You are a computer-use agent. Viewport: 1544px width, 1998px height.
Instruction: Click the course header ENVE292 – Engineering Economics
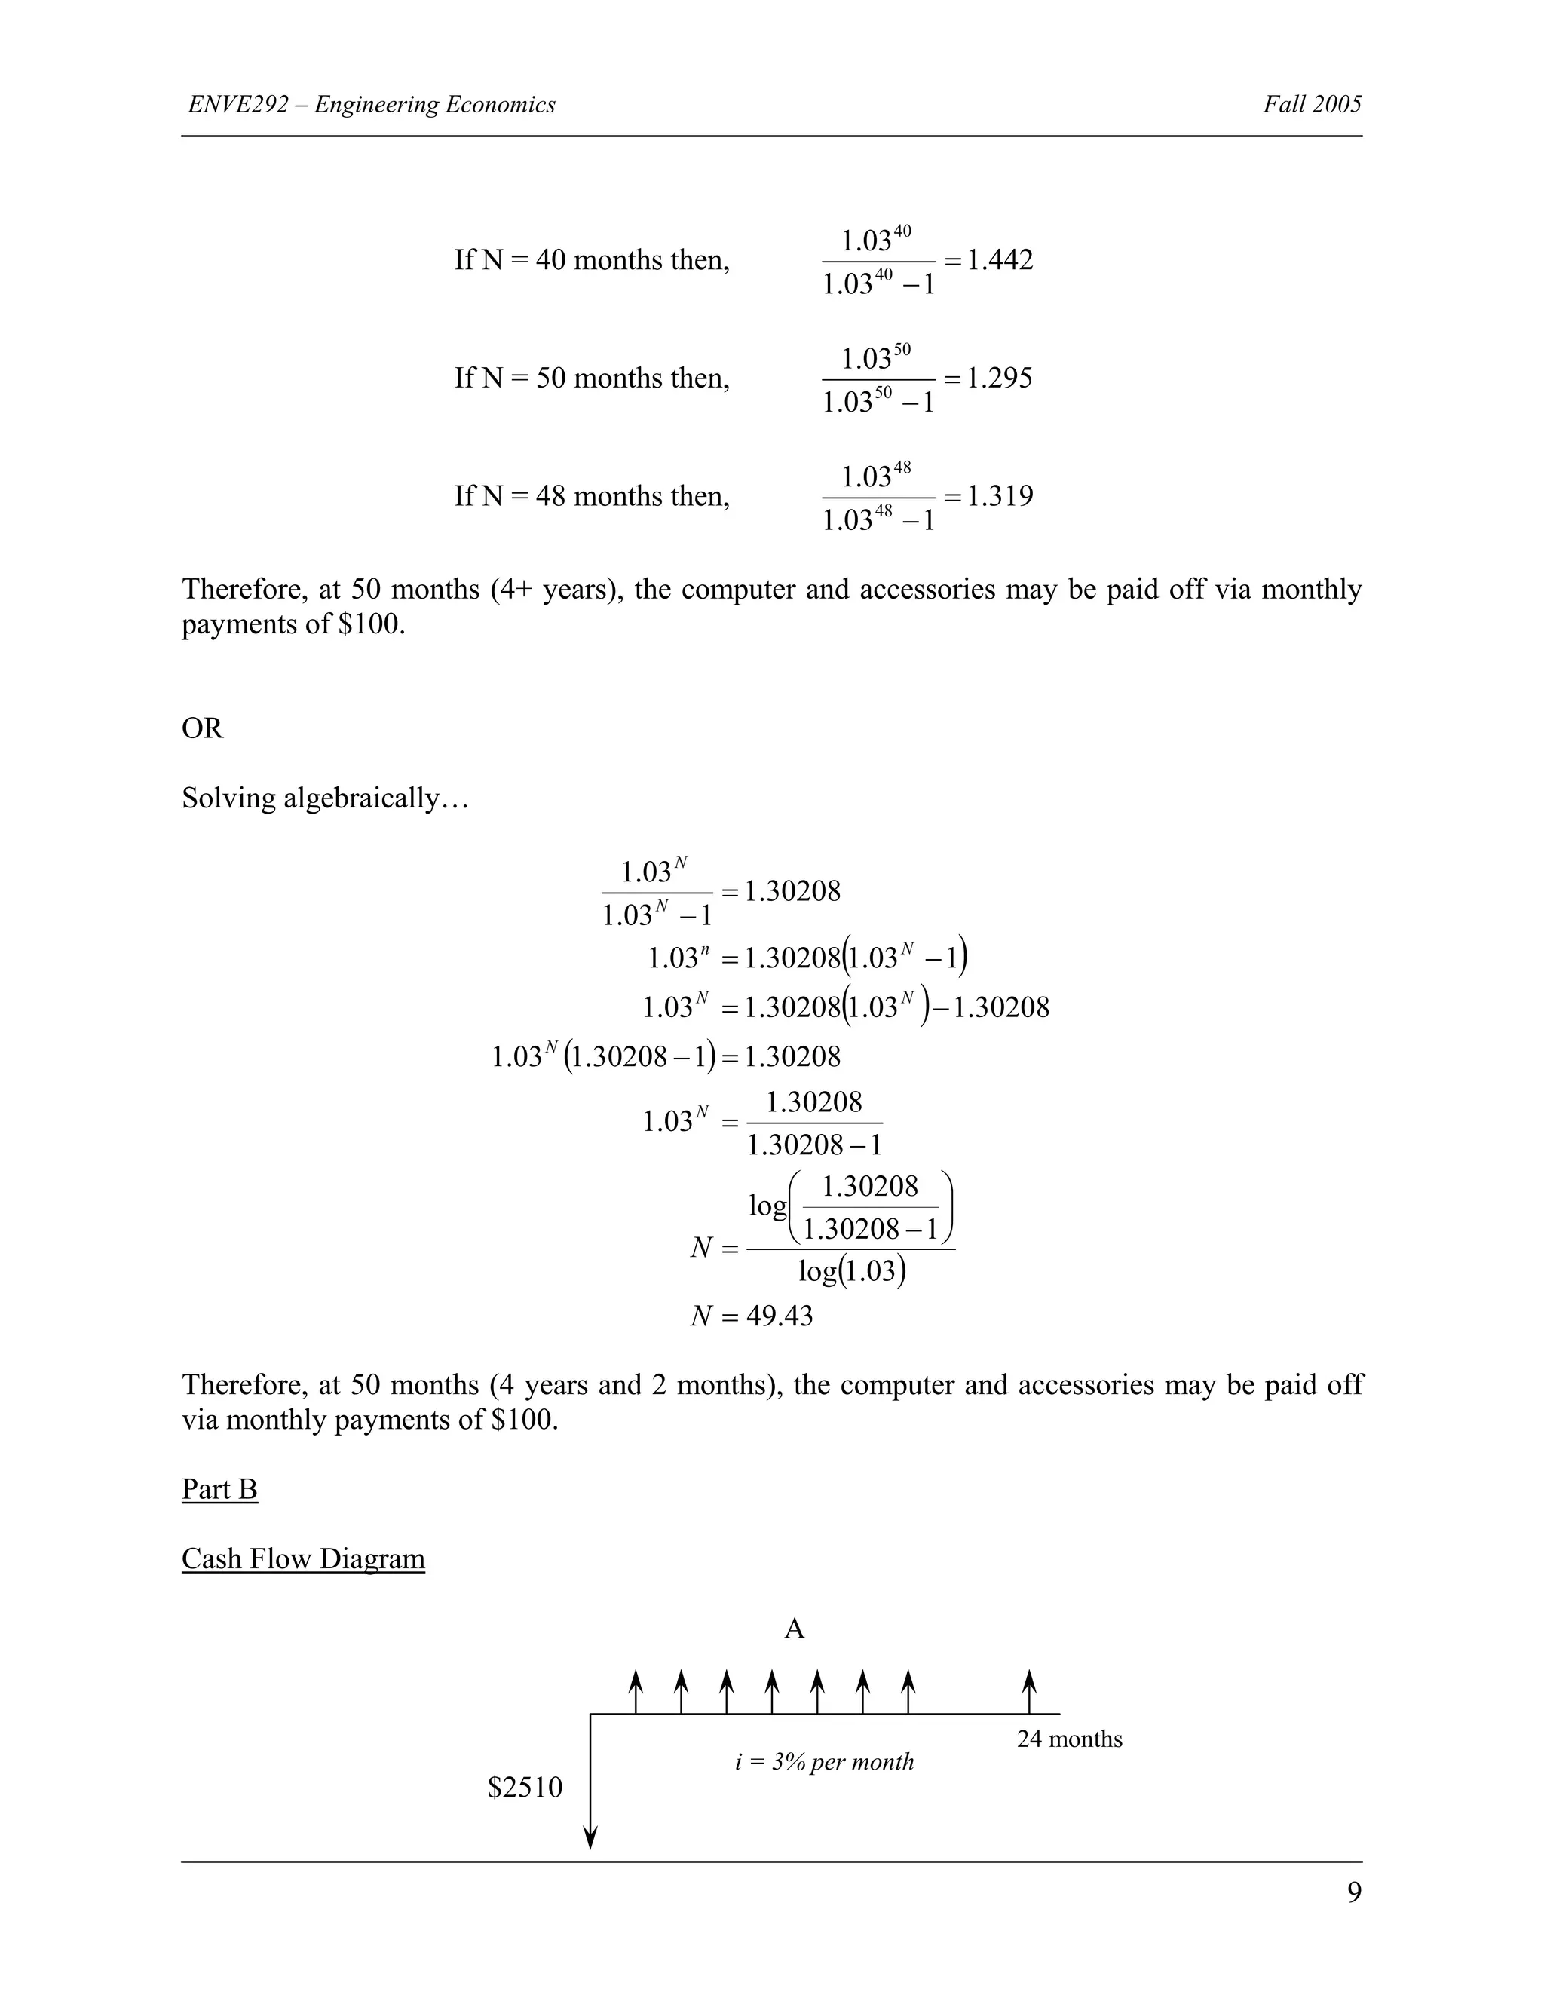372,104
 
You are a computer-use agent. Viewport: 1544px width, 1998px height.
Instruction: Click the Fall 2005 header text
1312,104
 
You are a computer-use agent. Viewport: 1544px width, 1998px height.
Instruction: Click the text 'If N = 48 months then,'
592,497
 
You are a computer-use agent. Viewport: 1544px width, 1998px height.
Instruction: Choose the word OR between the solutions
202,729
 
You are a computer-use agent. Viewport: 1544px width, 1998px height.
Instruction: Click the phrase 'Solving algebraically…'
325,798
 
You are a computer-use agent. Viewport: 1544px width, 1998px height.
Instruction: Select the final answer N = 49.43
751,1316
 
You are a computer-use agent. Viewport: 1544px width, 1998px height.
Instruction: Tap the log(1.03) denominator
852,1272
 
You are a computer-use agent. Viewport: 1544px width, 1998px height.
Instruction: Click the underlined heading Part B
219,1489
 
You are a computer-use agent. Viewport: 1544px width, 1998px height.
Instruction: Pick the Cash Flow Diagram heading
303,1559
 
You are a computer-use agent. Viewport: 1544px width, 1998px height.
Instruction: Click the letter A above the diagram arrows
794,1629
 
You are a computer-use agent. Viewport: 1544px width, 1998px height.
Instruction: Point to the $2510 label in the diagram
525,1788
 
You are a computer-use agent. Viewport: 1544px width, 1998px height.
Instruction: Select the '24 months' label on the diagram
1069,1739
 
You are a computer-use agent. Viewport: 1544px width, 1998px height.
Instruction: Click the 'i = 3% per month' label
824,1762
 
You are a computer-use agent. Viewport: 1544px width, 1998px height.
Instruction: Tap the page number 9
1354,1892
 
